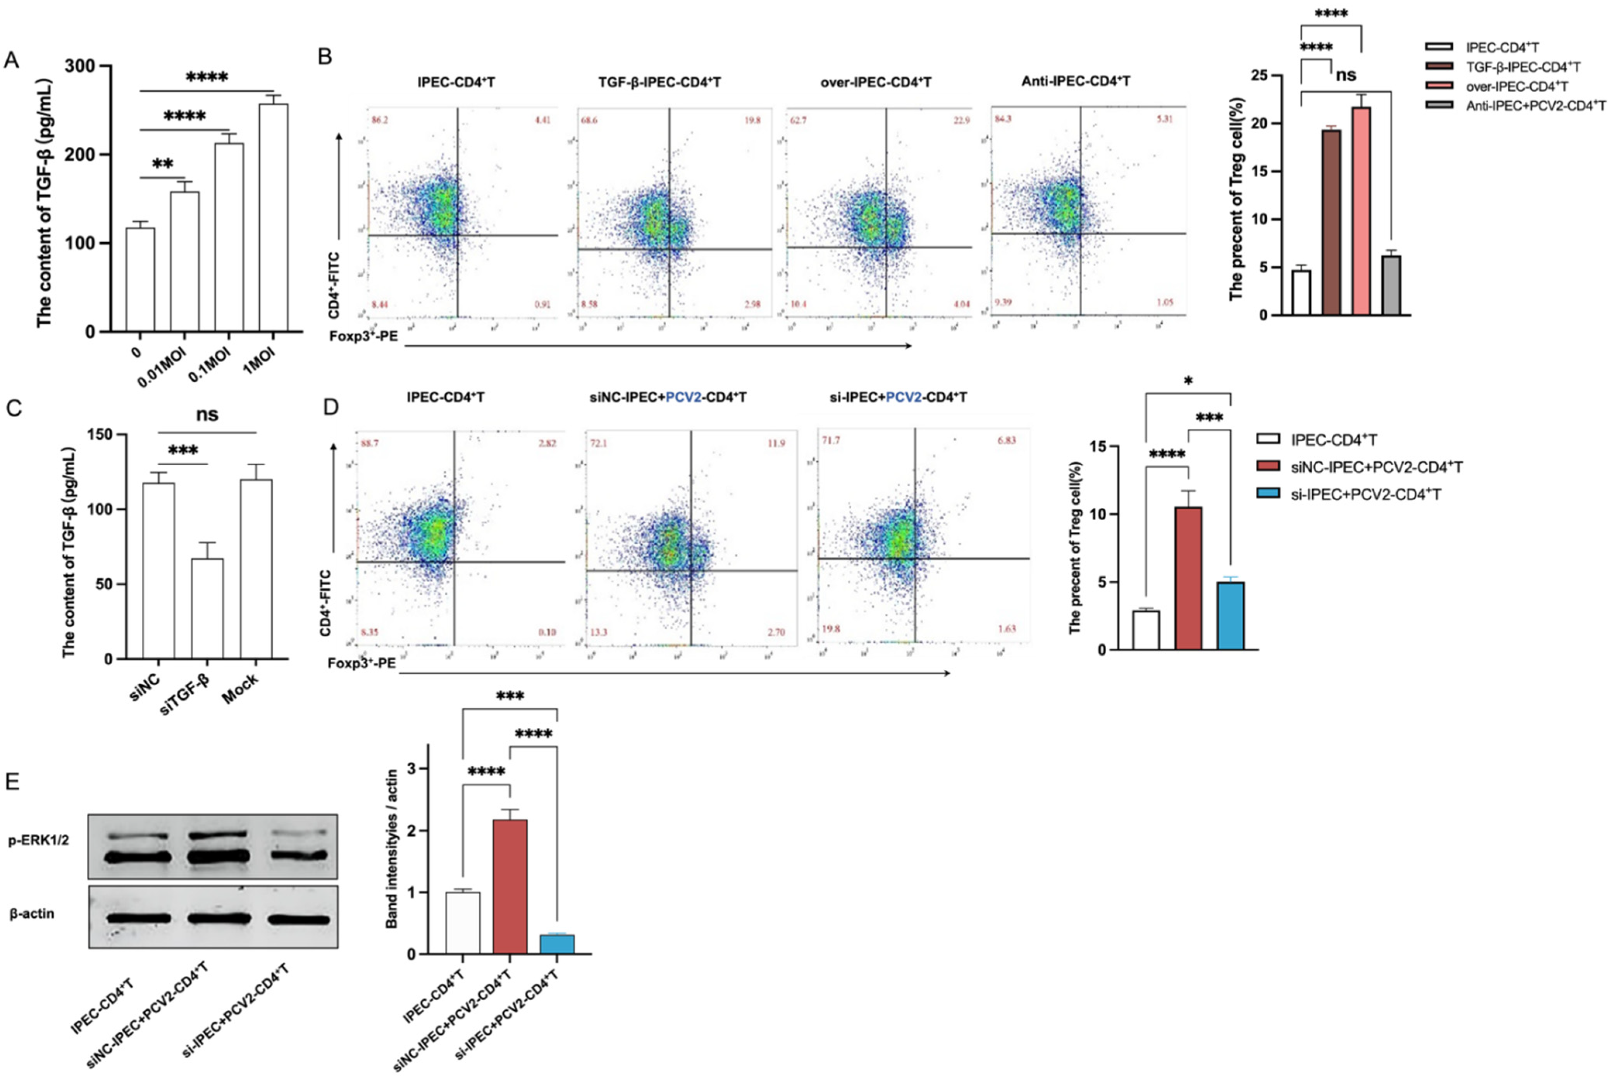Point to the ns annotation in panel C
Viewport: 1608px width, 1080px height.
(207, 415)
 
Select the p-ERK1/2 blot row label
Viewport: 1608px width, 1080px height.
(39, 841)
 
